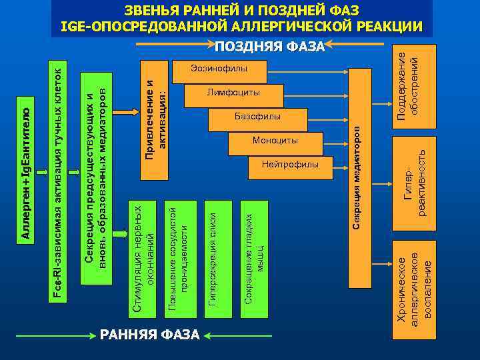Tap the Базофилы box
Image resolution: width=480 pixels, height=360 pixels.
[x=257, y=117]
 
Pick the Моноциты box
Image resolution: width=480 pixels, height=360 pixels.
[x=275, y=141]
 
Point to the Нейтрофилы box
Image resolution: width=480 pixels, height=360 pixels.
[x=290, y=165]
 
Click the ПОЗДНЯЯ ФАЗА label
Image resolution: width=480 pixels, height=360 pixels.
[x=269, y=47]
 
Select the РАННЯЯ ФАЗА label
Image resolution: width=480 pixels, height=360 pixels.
[x=150, y=334]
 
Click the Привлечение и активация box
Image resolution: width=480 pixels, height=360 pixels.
[x=154, y=120]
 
